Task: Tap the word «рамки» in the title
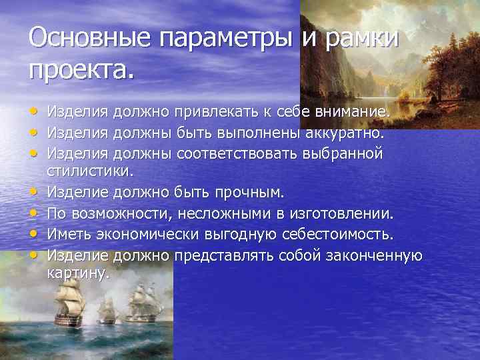coord(360,38)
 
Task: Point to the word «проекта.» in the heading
coord(81,68)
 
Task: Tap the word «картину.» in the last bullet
coord(77,273)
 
